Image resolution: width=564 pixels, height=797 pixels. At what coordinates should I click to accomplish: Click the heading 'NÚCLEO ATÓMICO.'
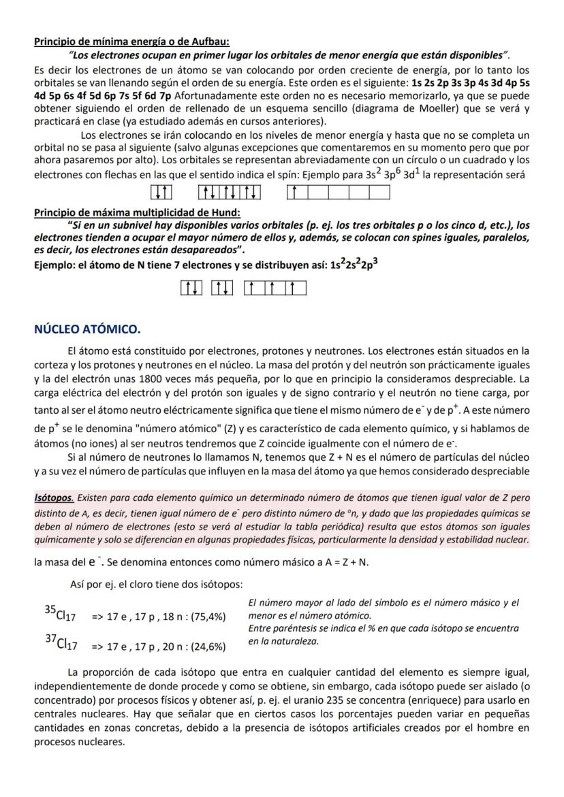(x=87, y=330)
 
